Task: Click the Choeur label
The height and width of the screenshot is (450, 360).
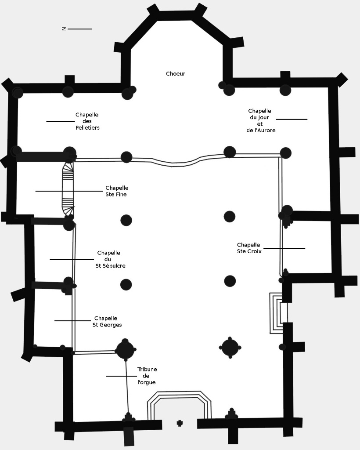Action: [176, 74]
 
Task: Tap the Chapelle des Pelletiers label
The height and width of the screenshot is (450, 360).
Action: [87, 121]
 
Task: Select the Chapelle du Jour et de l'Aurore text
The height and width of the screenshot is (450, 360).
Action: [260, 121]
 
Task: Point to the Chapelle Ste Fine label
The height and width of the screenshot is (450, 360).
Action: [116, 191]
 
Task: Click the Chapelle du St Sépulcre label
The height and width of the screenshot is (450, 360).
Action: [110, 259]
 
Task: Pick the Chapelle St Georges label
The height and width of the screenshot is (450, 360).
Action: [107, 322]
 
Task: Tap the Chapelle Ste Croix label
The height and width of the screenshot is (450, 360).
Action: [249, 248]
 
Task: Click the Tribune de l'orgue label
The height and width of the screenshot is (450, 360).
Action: [147, 376]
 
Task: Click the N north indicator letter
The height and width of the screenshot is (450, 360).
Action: [64, 29]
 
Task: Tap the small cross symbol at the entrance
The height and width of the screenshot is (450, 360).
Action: [180, 423]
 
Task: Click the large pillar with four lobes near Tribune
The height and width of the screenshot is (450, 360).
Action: [125, 350]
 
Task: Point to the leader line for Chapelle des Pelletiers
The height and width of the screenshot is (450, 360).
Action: [61, 121]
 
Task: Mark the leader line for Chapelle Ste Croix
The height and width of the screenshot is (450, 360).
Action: [284, 248]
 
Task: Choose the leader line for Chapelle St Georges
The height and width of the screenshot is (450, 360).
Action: [72, 321]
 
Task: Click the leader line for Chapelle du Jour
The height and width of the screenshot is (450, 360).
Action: [292, 119]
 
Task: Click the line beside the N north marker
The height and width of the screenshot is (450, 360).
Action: [79, 29]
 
